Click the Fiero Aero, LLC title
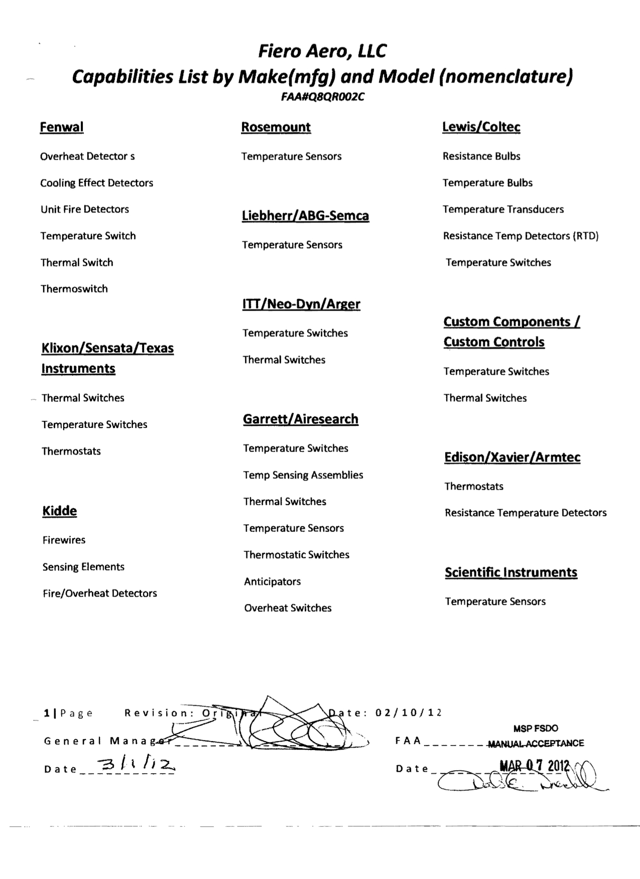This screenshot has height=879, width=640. [322, 51]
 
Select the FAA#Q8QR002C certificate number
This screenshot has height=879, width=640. [323, 97]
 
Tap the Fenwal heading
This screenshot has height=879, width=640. [62, 127]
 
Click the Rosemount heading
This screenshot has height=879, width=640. [276, 127]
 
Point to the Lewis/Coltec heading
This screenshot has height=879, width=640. [481, 127]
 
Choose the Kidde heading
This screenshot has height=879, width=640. [60, 511]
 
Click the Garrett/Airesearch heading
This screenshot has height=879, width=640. [301, 419]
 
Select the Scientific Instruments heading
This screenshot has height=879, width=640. [511, 572]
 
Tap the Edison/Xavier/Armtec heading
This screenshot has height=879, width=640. [513, 458]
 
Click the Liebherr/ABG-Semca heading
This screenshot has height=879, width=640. [305, 216]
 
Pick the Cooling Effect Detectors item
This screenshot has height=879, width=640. [97, 183]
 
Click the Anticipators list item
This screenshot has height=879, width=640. [273, 582]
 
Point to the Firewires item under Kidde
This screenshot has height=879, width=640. [64, 540]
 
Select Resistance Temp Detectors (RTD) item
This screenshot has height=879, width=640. [521, 236]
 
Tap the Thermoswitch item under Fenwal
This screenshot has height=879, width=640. [74, 289]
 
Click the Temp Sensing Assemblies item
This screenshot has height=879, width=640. [303, 475]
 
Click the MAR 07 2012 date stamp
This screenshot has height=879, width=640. [534, 766]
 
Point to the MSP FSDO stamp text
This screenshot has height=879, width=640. [536, 728]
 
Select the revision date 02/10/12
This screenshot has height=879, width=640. [409, 713]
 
